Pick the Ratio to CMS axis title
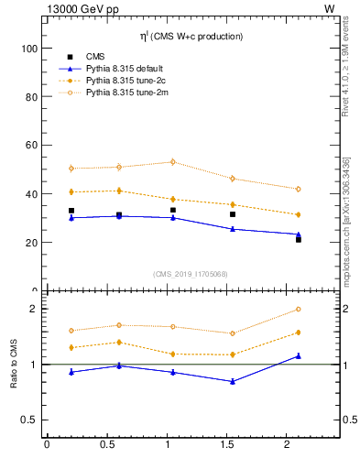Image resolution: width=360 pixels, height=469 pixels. pos(15,364)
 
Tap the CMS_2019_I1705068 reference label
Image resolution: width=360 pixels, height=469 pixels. pos(190,273)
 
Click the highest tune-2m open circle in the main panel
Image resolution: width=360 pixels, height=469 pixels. pos(172,162)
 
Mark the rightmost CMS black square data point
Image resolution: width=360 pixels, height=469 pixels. pos(299,239)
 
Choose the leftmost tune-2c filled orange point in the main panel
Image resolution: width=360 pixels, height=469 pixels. pos(71,191)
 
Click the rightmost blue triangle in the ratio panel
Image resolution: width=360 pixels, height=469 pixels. pos(299,355)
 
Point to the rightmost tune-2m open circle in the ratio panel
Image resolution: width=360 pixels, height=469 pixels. pos(299,310)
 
